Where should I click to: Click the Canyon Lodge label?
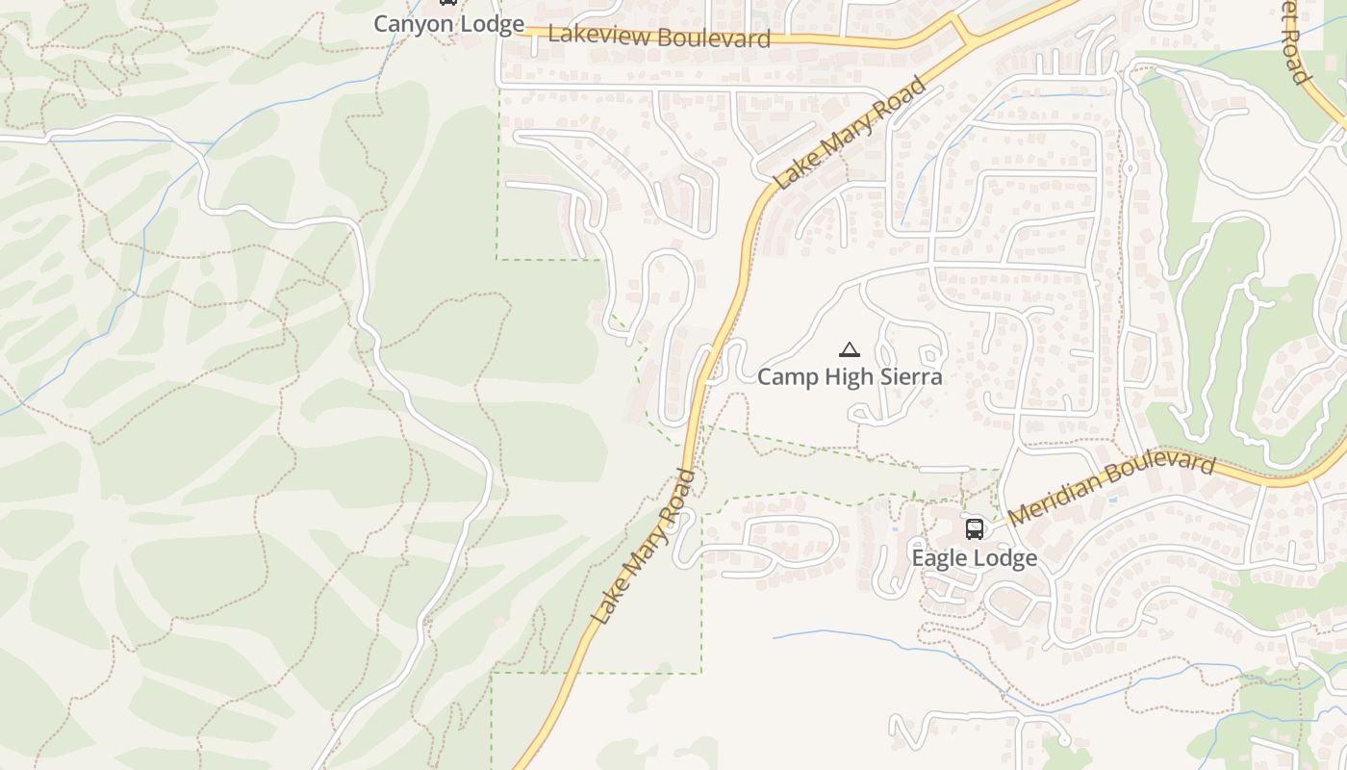tap(448, 24)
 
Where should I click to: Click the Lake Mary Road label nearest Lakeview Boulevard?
tap(851, 133)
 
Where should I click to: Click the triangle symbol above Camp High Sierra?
tap(849, 349)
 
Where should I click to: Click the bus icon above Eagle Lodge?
tap(975, 528)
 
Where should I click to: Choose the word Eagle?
tap(939, 558)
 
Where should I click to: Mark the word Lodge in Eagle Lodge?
tap(1004, 558)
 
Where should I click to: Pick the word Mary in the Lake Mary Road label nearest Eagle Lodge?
tap(643, 549)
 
